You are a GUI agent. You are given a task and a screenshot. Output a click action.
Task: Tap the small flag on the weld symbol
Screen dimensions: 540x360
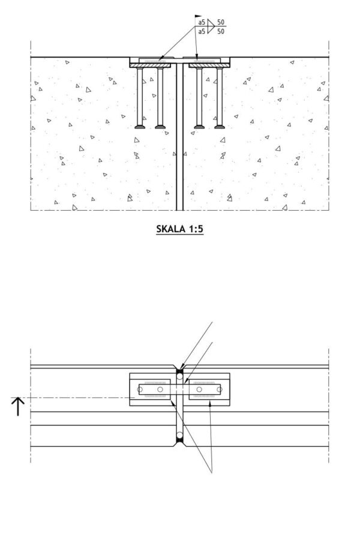coord(199,16)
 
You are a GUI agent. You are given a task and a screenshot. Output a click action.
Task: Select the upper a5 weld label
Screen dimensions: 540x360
coord(201,23)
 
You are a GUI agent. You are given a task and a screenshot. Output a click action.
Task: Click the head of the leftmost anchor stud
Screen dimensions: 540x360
coord(140,126)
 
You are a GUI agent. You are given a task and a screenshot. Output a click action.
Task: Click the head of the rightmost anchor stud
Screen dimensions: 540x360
coord(218,126)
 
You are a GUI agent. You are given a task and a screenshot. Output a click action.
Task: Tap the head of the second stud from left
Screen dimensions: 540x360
coord(160,126)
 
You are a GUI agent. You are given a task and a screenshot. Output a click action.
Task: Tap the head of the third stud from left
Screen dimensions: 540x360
coord(199,126)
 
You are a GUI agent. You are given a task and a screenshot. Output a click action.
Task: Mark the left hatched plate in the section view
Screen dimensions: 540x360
coord(154,59)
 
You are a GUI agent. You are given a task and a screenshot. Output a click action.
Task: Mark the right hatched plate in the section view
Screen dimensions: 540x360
coord(206,59)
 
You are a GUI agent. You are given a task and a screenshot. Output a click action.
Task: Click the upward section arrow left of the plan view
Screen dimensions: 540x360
coord(18,406)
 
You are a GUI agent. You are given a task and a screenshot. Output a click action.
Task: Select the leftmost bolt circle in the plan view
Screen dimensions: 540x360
coord(140,390)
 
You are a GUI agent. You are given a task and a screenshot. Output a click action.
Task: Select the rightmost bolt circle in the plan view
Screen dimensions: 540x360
coord(220,390)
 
